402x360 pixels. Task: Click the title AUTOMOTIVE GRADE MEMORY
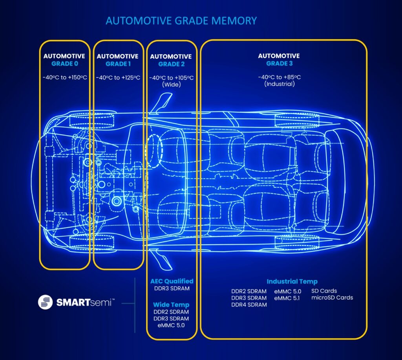pyautogui.click(x=181, y=20)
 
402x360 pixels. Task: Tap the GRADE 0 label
pyautogui.click(x=64, y=64)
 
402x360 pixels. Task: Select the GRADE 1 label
pyautogui.click(x=118, y=64)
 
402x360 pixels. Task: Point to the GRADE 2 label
pyautogui.click(x=171, y=64)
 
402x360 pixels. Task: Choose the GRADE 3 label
pyautogui.click(x=279, y=63)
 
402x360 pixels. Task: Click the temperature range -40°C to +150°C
pyautogui.click(x=64, y=77)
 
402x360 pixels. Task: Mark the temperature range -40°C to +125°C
pyautogui.click(x=118, y=77)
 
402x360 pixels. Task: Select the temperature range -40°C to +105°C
pyautogui.click(x=171, y=78)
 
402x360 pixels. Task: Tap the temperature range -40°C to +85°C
pyautogui.click(x=279, y=77)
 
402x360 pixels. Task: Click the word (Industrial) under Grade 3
pyautogui.click(x=279, y=84)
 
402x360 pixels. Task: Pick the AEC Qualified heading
pyautogui.click(x=172, y=281)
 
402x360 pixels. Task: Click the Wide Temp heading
pyautogui.click(x=171, y=305)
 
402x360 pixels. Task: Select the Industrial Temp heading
pyautogui.click(x=292, y=281)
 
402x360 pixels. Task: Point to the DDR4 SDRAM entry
pyautogui.click(x=249, y=305)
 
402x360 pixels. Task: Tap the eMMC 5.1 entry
pyautogui.click(x=287, y=298)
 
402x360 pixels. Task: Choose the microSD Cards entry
pyautogui.click(x=332, y=298)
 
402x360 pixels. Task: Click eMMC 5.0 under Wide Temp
pyautogui.click(x=171, y=325)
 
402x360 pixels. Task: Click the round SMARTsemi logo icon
pyautogui.click(x=45, y=302)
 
